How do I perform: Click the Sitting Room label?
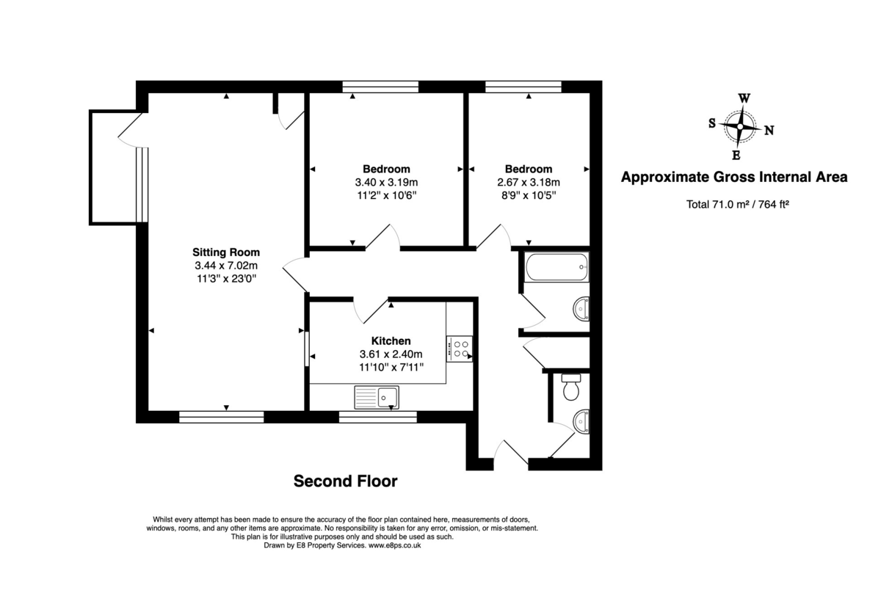(x=226, y=252)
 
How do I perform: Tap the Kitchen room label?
(x=391, y=341)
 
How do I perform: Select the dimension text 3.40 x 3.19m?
(x=386, y=182)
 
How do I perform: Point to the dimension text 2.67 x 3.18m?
(x=529, y=182)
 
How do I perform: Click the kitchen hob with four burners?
(x=460, y=348)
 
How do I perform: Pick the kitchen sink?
(x=377, y=398)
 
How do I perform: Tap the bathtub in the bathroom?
(x=556, y=267)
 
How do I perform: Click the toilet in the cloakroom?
(x=570, y=388)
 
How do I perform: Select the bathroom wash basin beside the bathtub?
(x=581, y=309)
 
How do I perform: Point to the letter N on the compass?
(x=769, y=131)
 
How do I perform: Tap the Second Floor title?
(x=345, y=481)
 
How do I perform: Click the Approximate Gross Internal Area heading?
(x=734, y=177)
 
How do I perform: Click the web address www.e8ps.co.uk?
(x=395, y=545)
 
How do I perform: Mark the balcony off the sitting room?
(x=114, y=167)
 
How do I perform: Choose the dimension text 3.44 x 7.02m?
(x=226, y=266)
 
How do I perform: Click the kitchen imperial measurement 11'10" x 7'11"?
(x=391, y=367)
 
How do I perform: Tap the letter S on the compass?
(x=712, y=123)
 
